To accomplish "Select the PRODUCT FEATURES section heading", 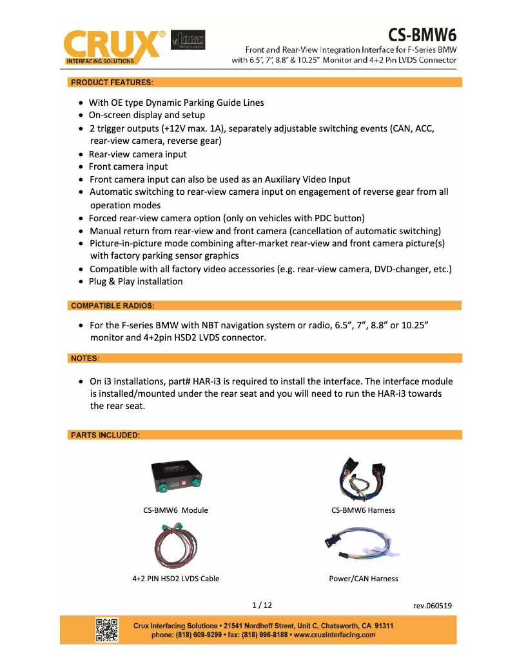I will [112, 82].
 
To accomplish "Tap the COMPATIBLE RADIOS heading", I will [112, 305].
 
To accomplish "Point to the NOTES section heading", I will [84, 357].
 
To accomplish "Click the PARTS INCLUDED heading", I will [105, 435].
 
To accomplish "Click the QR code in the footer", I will [107, 630].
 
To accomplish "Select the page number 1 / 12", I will [262, 605].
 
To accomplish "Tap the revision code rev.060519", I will [432, 606].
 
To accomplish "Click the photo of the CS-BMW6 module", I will [175, 478].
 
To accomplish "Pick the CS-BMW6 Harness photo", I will [363, 479].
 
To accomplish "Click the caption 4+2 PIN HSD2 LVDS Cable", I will [175, 579].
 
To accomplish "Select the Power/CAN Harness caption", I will [363, 579].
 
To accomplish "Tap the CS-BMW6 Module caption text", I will [175, 510].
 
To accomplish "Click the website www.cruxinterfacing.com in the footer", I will [334, 635].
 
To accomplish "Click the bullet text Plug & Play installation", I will [135, 281].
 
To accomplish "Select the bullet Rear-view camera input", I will [137, 154].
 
